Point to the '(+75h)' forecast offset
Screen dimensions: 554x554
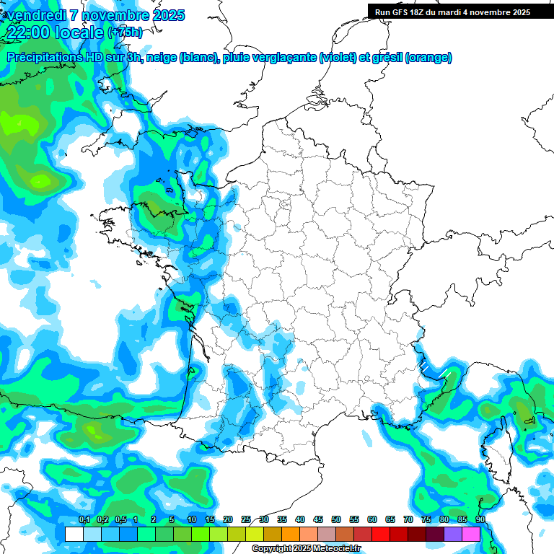coord(125,32)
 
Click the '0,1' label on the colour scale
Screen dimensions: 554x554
coord(84,520)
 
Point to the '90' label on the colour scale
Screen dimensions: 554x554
coord(480,520)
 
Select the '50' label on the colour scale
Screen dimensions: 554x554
coord(336,520)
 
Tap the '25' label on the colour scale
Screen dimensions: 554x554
coord(246,520)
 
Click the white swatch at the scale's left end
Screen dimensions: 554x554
coord(74,534)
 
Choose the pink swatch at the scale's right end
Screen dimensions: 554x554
coord(471,534)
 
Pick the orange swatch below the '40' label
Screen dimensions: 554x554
coord(291,534)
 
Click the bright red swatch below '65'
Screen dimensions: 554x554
coord(381,534)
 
